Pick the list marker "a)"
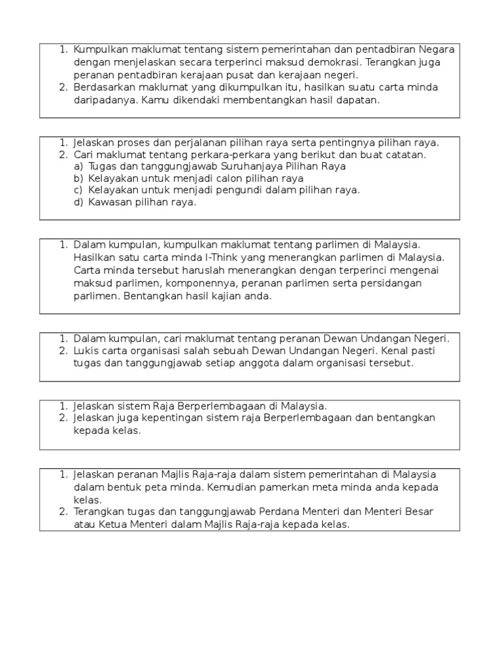pyautogui.click(x=78, y=166)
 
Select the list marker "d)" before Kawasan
pyautogui.click(x=78, y=202)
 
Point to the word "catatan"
pyautogui.click(x=405, y=154)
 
